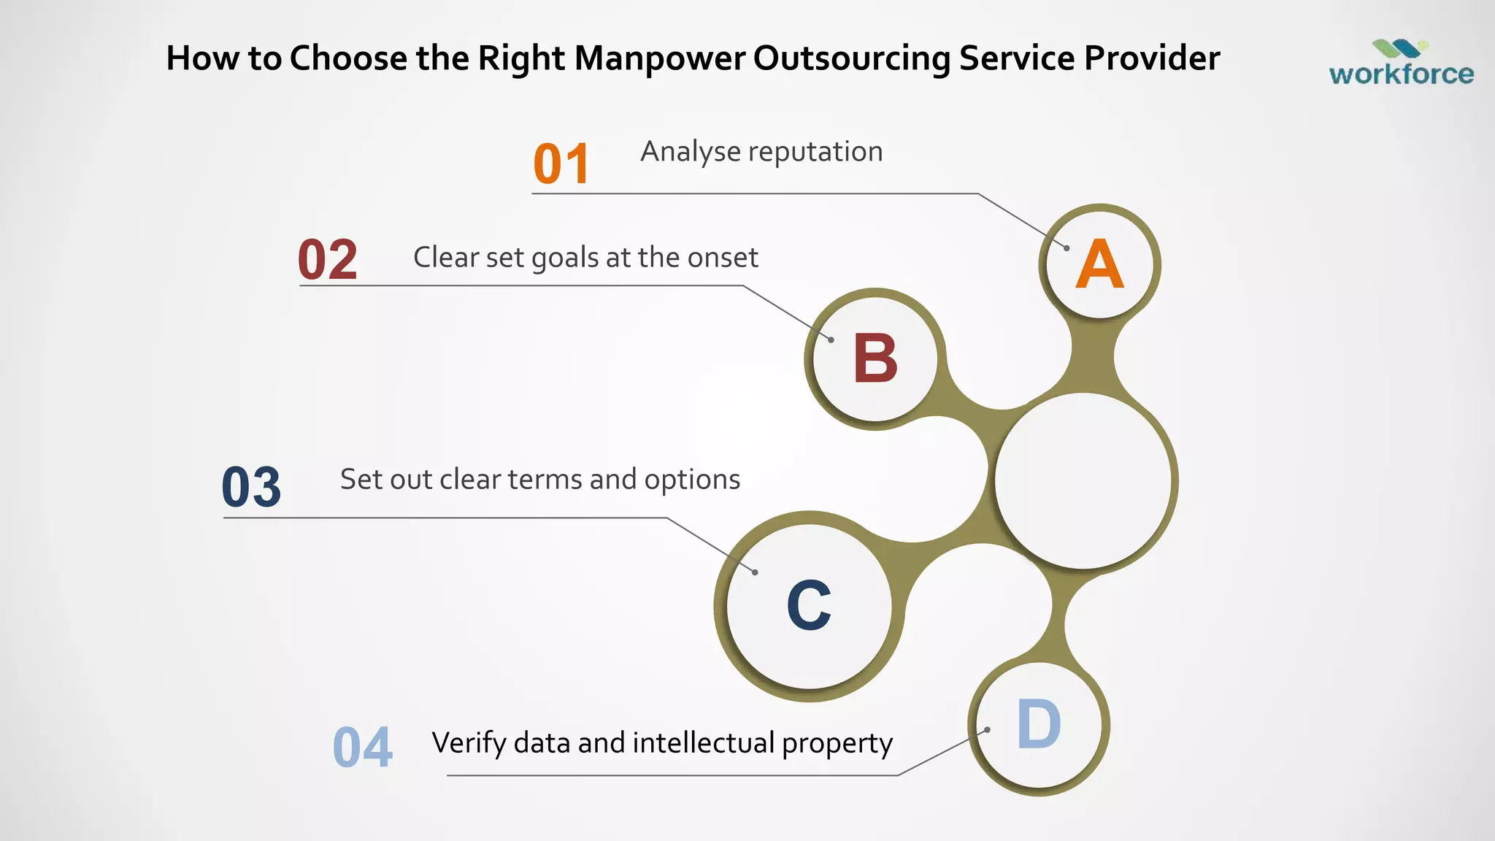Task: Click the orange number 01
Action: [x=561, y=164]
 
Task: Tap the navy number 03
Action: [x=251, y=487]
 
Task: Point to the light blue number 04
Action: [x=363, y=748]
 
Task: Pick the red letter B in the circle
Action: [x=875, y=358]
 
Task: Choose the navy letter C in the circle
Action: [x=809, y=605]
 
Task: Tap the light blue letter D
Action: [x=1039, y=724]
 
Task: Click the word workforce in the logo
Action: [x=1401, y=74]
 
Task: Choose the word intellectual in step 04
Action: [x=704, y=743]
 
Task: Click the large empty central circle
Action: [x=1083, y=480]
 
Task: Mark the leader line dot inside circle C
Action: [x=755, y=572]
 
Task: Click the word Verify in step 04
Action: [x=469, y=743]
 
